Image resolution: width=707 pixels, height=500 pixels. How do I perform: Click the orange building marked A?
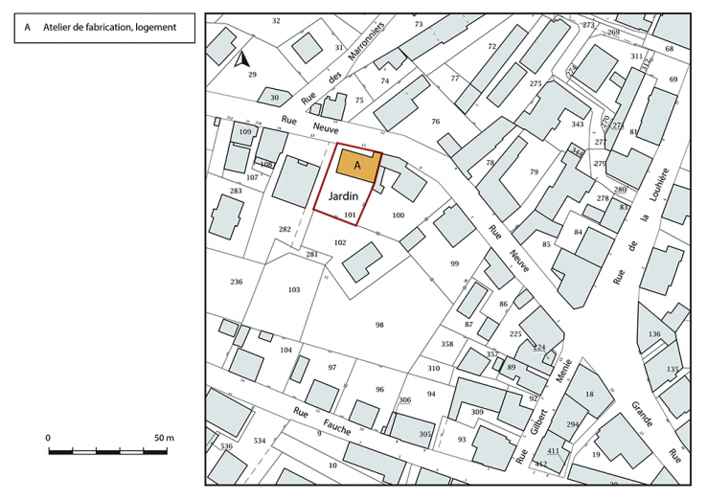(357, 165)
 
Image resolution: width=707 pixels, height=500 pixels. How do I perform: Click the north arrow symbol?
(239, 58)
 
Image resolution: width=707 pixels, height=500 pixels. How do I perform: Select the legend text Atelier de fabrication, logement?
(109, 28)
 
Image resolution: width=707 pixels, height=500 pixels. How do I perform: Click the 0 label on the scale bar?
(48, 437)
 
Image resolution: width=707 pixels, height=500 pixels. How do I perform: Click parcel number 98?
(379, 326)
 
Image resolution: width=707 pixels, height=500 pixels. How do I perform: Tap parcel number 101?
(350, 216)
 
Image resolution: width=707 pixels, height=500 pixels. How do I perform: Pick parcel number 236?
(237, 282)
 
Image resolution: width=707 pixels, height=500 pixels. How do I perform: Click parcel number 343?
(577, 125)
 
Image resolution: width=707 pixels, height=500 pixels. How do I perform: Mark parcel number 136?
(654, 334)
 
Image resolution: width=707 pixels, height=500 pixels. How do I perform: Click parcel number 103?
(293, 288)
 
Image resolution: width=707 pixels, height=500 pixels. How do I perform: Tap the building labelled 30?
(274, 97)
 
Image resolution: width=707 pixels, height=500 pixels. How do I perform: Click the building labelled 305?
(425, 434)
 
